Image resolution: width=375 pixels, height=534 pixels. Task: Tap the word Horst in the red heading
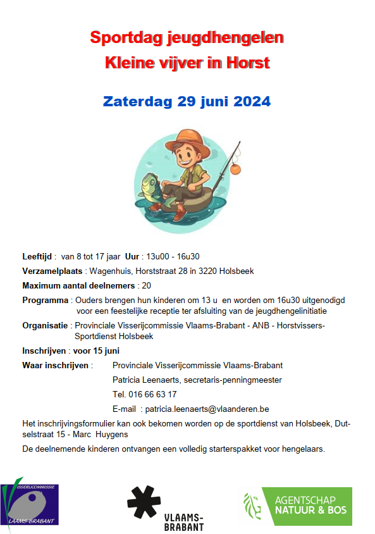249,63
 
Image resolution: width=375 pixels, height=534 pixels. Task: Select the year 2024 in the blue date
251,101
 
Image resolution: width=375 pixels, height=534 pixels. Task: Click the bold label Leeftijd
37,256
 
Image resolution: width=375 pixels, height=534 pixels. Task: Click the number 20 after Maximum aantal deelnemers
146,285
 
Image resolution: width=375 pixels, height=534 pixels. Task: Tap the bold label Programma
45,300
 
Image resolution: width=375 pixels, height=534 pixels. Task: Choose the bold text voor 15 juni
96,351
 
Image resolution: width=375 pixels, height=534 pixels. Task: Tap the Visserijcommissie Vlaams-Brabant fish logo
29,504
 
